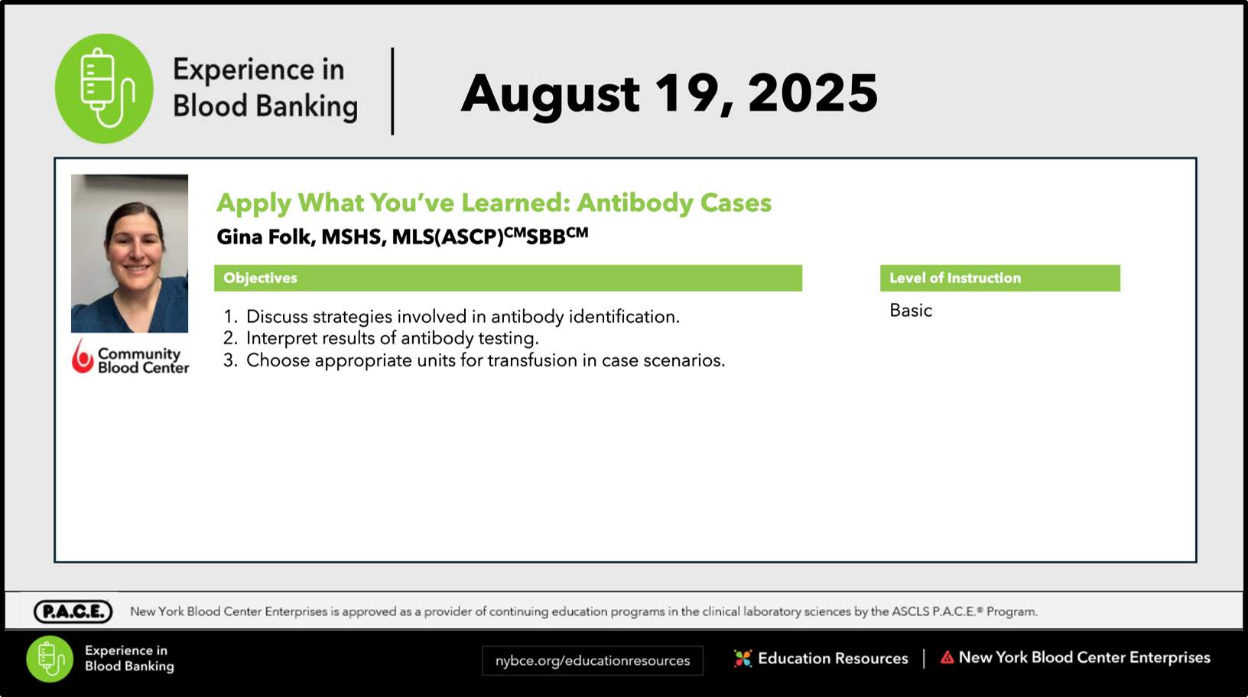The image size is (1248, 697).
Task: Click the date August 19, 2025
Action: click(x=669, y=93)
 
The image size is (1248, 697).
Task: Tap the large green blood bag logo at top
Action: click(x=104, y=89)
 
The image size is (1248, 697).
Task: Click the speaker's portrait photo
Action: click(x=129, y=254)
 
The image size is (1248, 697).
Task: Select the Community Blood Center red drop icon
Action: click(x=83, y=356)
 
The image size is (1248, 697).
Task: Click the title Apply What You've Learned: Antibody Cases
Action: click(x=494, y=203)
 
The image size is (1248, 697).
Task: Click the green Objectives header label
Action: click(x=260, y=278)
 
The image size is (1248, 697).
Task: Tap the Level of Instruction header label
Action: click(x=955, y=278)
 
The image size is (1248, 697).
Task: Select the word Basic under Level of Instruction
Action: click(x=910, y=310)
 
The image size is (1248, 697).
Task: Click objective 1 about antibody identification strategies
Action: click(x=452, y=317)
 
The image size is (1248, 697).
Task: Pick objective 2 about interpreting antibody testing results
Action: click(x=381, y=338)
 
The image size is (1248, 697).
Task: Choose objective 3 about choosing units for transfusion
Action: click(x=474, y=360)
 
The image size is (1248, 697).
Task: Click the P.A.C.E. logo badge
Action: click(x=73, y=611)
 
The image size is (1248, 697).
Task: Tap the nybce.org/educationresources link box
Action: click(x=593, y=661)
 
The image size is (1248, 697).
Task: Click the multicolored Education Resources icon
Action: click(x=743, y=659)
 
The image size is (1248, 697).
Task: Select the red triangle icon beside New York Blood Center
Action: click(x=947, y=658)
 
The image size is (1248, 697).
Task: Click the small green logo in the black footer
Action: click(x=50, y=659)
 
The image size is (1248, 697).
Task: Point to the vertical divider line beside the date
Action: click(x=393, y=91)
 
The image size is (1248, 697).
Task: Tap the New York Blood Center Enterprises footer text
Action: click(x=1084, y=658)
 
